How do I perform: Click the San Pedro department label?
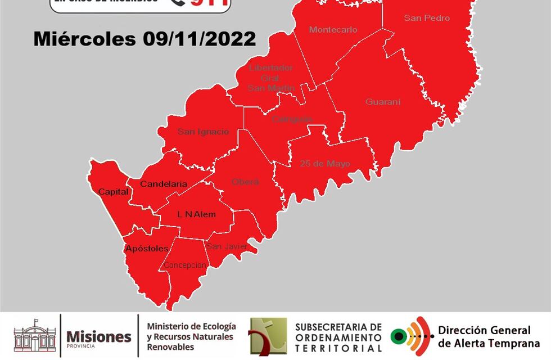click(x=427, y=18)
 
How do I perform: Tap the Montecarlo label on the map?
click(x=333, y=30)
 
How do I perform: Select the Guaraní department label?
click(x=383, y=102)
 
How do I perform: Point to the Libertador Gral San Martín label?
click(x=270, y=78)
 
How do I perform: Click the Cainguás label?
click(x=291, y=119)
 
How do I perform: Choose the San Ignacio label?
click(x=203, y=132)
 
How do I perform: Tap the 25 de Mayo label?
click(x=324, y=164)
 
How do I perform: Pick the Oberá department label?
click(x=245, y=182)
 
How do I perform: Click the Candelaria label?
click(x=163, y=184)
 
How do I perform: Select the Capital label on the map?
click(x=113, y=192)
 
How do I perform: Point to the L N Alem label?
click(x=196, y=214)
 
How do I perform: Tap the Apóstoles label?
click(x=146, y=248)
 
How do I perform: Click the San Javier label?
click(x=226, y=246)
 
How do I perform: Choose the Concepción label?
click(x=184, y=265)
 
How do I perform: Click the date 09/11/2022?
click(x=199, y=39)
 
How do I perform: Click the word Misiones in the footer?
click(x=98, y=336)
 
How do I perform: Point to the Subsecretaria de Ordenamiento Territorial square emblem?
click(x=268, y=336)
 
